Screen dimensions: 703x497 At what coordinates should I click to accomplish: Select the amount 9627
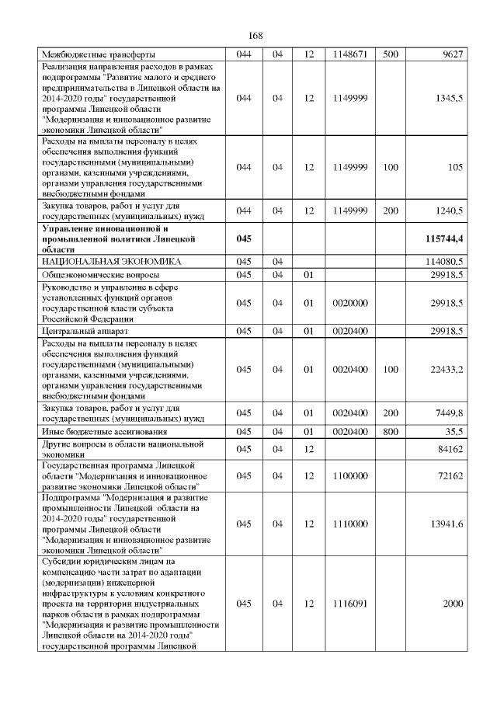[x=452, y=55]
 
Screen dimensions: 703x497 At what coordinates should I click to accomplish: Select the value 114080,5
[x=443, y=263]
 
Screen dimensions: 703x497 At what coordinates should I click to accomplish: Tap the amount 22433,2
[x=447, y=369]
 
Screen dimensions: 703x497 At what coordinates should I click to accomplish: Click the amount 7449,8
[x=448, y=412]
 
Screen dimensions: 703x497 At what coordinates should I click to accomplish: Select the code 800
[x=391, y=431]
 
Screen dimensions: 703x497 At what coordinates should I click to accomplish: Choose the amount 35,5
[x=452, y=431]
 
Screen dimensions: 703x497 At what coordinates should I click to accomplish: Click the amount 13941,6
[x=447, y=524]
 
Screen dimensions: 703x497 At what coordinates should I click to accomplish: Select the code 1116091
[x=349, y=604]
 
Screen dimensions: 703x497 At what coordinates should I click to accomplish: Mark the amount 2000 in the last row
[x=453, y=604]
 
